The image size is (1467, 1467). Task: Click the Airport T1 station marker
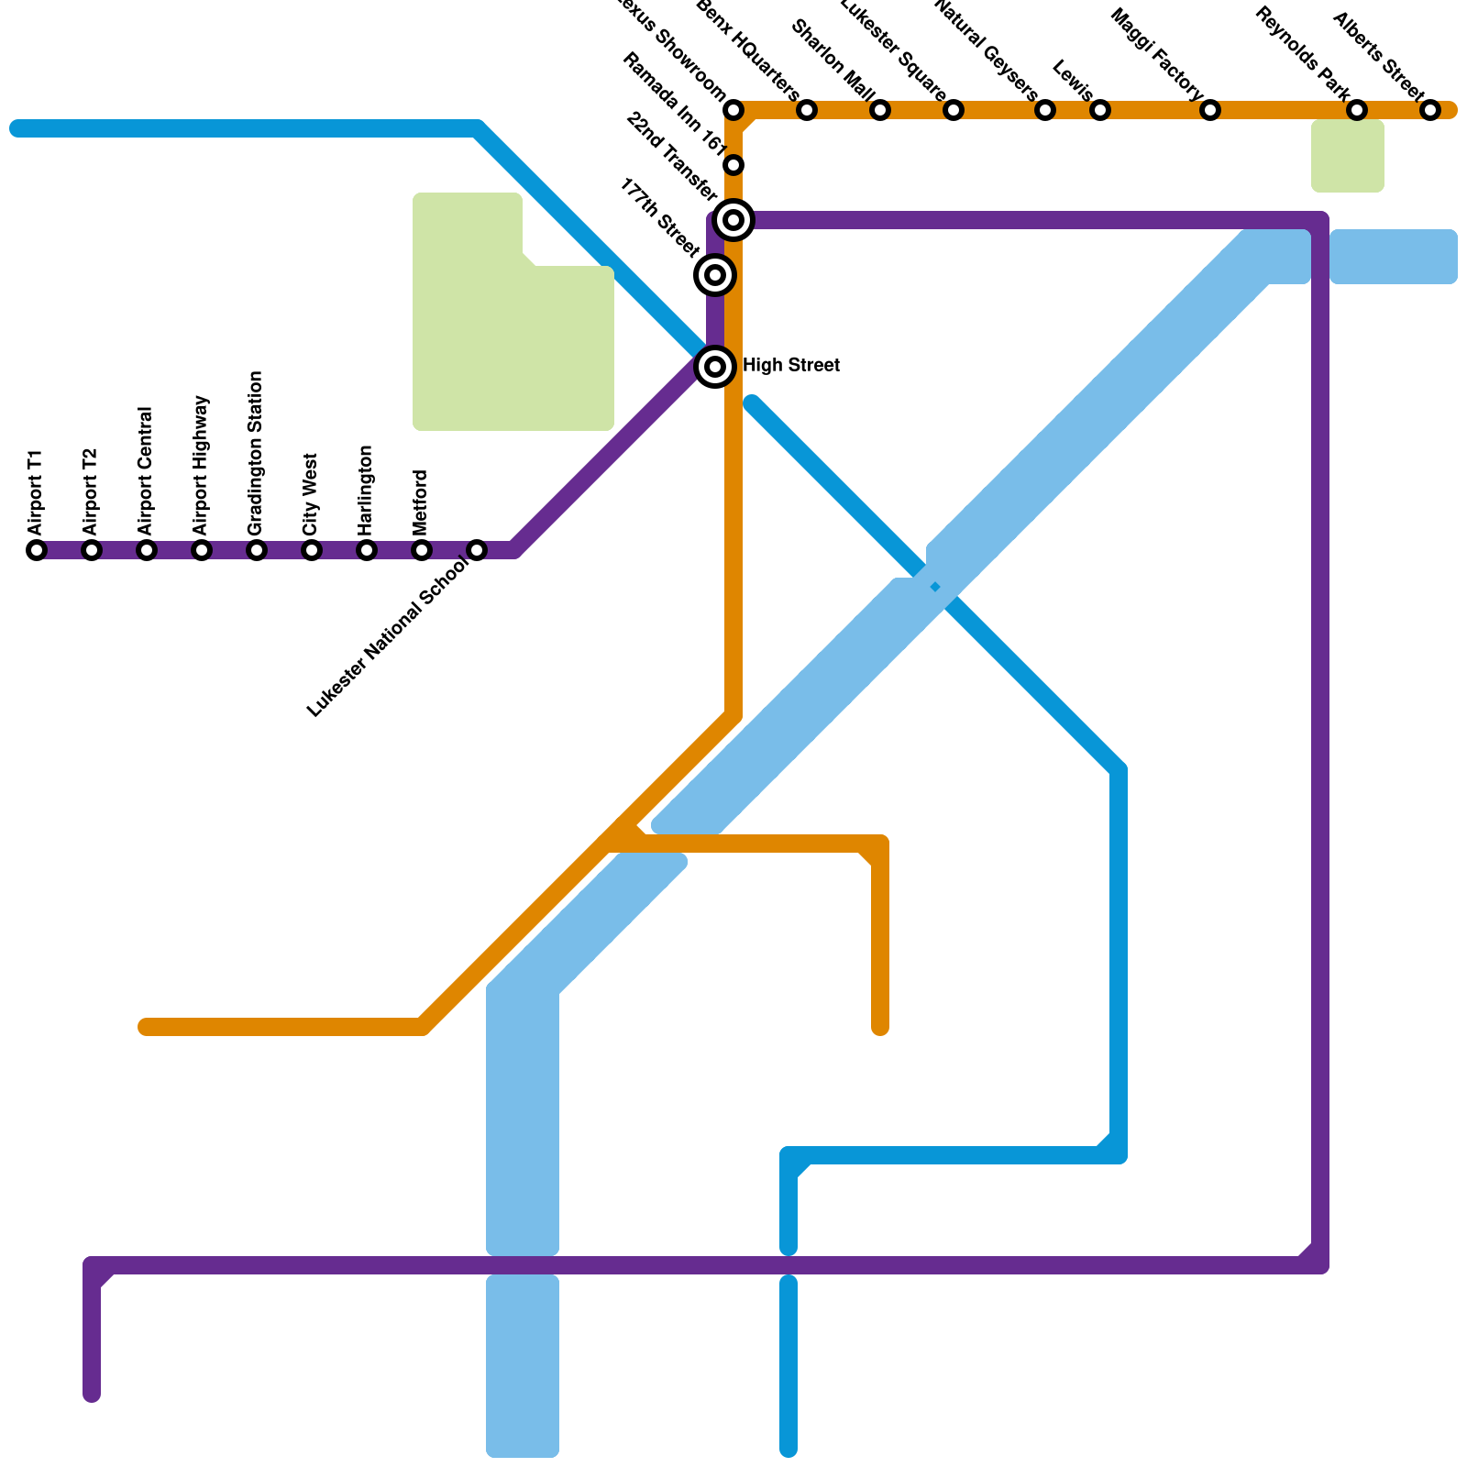37,550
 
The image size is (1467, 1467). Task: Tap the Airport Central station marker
147,550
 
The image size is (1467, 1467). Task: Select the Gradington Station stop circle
257,550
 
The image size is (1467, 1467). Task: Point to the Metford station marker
422,550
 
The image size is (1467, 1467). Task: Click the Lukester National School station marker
477,550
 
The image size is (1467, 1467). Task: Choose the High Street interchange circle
715,367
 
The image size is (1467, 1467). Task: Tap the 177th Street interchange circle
715,274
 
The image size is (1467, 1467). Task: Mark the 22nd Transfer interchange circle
733,220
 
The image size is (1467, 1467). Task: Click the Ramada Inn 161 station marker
733,165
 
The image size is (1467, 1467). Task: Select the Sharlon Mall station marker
880,110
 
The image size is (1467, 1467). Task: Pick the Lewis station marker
1100,110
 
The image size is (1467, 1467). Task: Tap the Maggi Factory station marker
1210,110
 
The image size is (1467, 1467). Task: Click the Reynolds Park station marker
1357,110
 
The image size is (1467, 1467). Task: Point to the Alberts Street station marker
1430,110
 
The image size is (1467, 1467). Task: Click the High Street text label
790,366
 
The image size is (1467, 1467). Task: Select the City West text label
311,494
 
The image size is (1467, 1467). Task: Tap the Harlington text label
366,491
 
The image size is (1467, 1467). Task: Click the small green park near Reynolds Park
1347,156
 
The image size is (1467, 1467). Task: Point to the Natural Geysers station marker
1045,110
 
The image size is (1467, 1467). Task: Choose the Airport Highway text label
202,466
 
